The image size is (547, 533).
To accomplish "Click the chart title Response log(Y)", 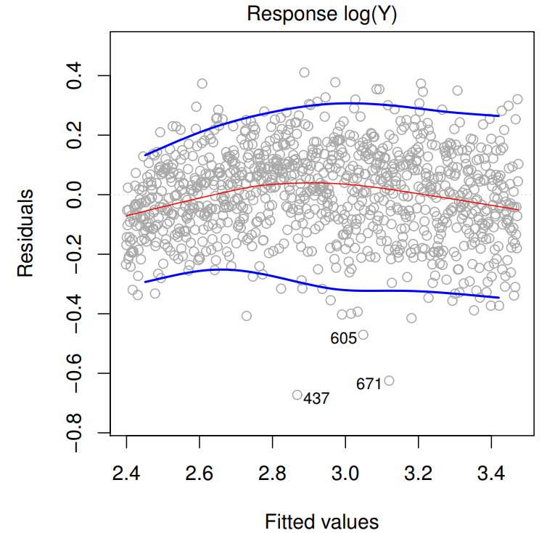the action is (x=321, y=15).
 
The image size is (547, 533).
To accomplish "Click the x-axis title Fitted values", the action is (x=321, y=522).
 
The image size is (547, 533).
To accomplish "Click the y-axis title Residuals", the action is (x=25, y=233).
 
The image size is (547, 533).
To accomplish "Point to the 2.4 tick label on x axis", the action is (x=126, y=473).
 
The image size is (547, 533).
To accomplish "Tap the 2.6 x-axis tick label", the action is (x=199, y=473).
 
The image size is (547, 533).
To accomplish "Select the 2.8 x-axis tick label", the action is (x=272, y=473).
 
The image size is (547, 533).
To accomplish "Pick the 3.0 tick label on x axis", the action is (x=345, y=473).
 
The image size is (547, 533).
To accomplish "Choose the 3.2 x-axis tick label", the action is (x=418, y=473).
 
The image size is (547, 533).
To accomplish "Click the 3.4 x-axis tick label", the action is (x=491, y=473).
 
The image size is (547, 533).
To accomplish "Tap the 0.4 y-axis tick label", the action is (x=74, y=76).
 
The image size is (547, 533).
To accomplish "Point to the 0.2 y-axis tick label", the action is (x=74, y=135).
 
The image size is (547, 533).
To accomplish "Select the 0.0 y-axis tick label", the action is (x=74, y=195).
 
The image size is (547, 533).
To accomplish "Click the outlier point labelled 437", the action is (x=297, y=395).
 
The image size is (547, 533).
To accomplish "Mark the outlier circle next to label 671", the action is (x=389, y=381).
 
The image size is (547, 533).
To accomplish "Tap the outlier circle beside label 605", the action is (x=363, y=335).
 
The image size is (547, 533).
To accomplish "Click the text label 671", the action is (x=369, y=384).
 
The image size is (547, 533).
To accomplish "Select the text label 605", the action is (x=344, y=338).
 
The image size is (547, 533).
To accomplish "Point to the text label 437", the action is (x=316, y=399).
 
